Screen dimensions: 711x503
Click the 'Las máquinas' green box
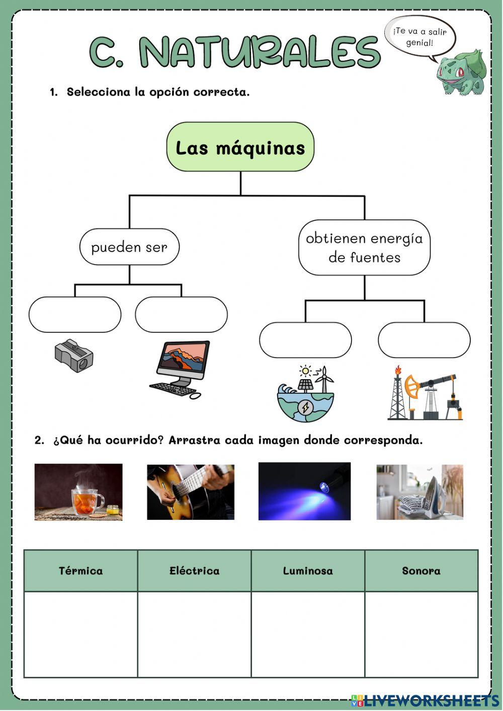click(x=240, y=147)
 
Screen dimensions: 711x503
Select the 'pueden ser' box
click(x=129, y=247)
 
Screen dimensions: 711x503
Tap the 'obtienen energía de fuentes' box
click(x=364, y=247)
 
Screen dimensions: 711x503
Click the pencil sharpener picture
click(x=74, y=355)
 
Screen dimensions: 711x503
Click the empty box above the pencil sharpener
click(x=75, y=315)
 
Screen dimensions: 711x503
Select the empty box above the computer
click(x=181, y=315)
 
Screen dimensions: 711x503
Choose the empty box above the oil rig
click(x=424, y=340)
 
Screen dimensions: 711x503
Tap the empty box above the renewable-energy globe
click(x=305, y=340)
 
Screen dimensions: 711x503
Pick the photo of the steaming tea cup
click(x=78, y=492)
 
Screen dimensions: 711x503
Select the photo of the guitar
click(x=191, y=492)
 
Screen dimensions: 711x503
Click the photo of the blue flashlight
click(x=304, y=491)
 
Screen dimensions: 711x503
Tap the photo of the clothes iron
click(x=420, y=492)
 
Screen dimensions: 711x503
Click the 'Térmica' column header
click(x=80, y=571)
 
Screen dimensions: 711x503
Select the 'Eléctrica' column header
click(x=194, y=571)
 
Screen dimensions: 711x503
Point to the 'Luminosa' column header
click(x=308, y=571)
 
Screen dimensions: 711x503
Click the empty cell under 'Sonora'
click(x=422, y=634)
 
